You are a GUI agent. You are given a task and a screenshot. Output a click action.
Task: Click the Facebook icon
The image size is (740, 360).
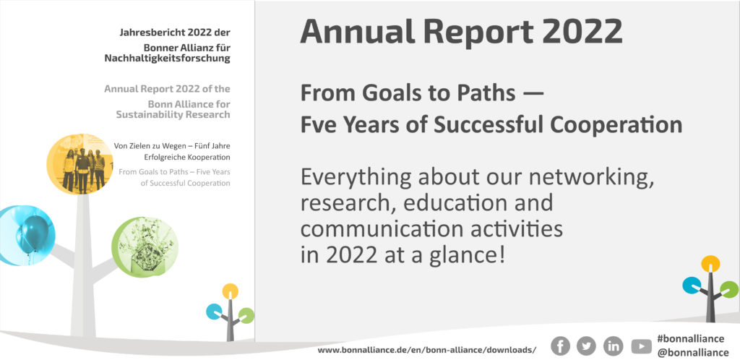(560, 346)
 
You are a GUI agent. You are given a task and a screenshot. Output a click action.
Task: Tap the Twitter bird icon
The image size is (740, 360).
(586, 346)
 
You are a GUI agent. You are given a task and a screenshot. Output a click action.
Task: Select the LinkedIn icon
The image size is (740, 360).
(613, 346)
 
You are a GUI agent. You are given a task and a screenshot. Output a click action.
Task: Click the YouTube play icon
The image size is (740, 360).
(641, 347)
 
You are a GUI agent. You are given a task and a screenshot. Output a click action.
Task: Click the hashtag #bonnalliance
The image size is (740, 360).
(690, 339)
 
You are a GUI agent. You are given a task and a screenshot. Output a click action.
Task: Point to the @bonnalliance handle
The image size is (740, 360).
(693, 353)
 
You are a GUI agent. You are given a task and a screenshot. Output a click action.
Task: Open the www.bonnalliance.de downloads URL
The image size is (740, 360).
(426, 350)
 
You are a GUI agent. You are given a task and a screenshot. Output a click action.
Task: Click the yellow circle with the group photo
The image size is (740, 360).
(79, 163)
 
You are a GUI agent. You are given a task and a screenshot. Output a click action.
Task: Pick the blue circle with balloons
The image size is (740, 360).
(26, 236)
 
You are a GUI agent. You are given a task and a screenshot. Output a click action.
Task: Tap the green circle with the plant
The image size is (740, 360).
(145, 247)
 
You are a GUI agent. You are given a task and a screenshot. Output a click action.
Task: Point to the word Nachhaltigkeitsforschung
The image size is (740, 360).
(167, 59)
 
